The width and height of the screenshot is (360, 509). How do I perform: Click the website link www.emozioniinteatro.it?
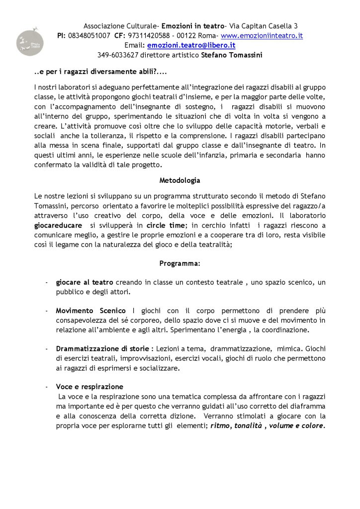[x=262, y=36]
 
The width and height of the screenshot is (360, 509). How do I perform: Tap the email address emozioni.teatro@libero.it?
[x=191, y=45]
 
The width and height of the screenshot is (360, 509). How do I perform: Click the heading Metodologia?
[x=180, y=179]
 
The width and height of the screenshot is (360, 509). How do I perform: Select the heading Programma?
[x=180, y=262]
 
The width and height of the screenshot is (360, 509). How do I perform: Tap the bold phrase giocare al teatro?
[x=85, y=282]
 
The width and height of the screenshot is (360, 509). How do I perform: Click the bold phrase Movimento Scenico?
[x=90, y=311]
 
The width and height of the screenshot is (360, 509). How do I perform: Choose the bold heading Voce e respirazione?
[x=90, y=387]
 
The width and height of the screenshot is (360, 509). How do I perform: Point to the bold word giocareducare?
[x=58, y=225]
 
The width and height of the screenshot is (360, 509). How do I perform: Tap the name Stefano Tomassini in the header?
[x=232, y=55]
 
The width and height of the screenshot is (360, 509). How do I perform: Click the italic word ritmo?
[x=220, y=426]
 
